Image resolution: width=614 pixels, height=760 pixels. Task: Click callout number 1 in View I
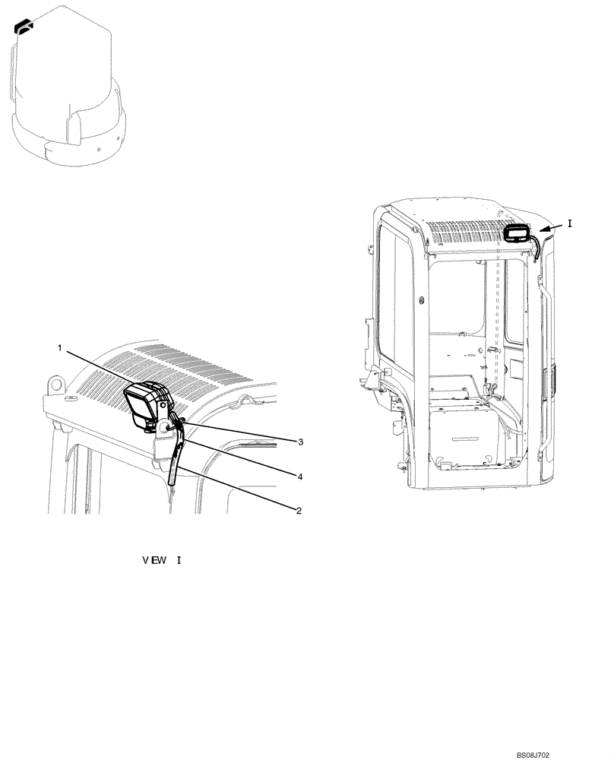(x=59, y=347)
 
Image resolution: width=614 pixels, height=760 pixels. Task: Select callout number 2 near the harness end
(x=299, y=511)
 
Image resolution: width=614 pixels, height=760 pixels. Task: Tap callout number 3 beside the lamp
(x=301, y=442)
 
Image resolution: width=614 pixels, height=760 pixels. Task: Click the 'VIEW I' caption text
(x=162, y=561)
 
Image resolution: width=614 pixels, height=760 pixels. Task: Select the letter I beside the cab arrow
(x=570, y=224)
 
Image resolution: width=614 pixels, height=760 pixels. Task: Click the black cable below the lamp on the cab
(x=536, y=248)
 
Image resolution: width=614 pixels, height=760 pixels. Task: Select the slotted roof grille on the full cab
(x=464, y=231)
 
